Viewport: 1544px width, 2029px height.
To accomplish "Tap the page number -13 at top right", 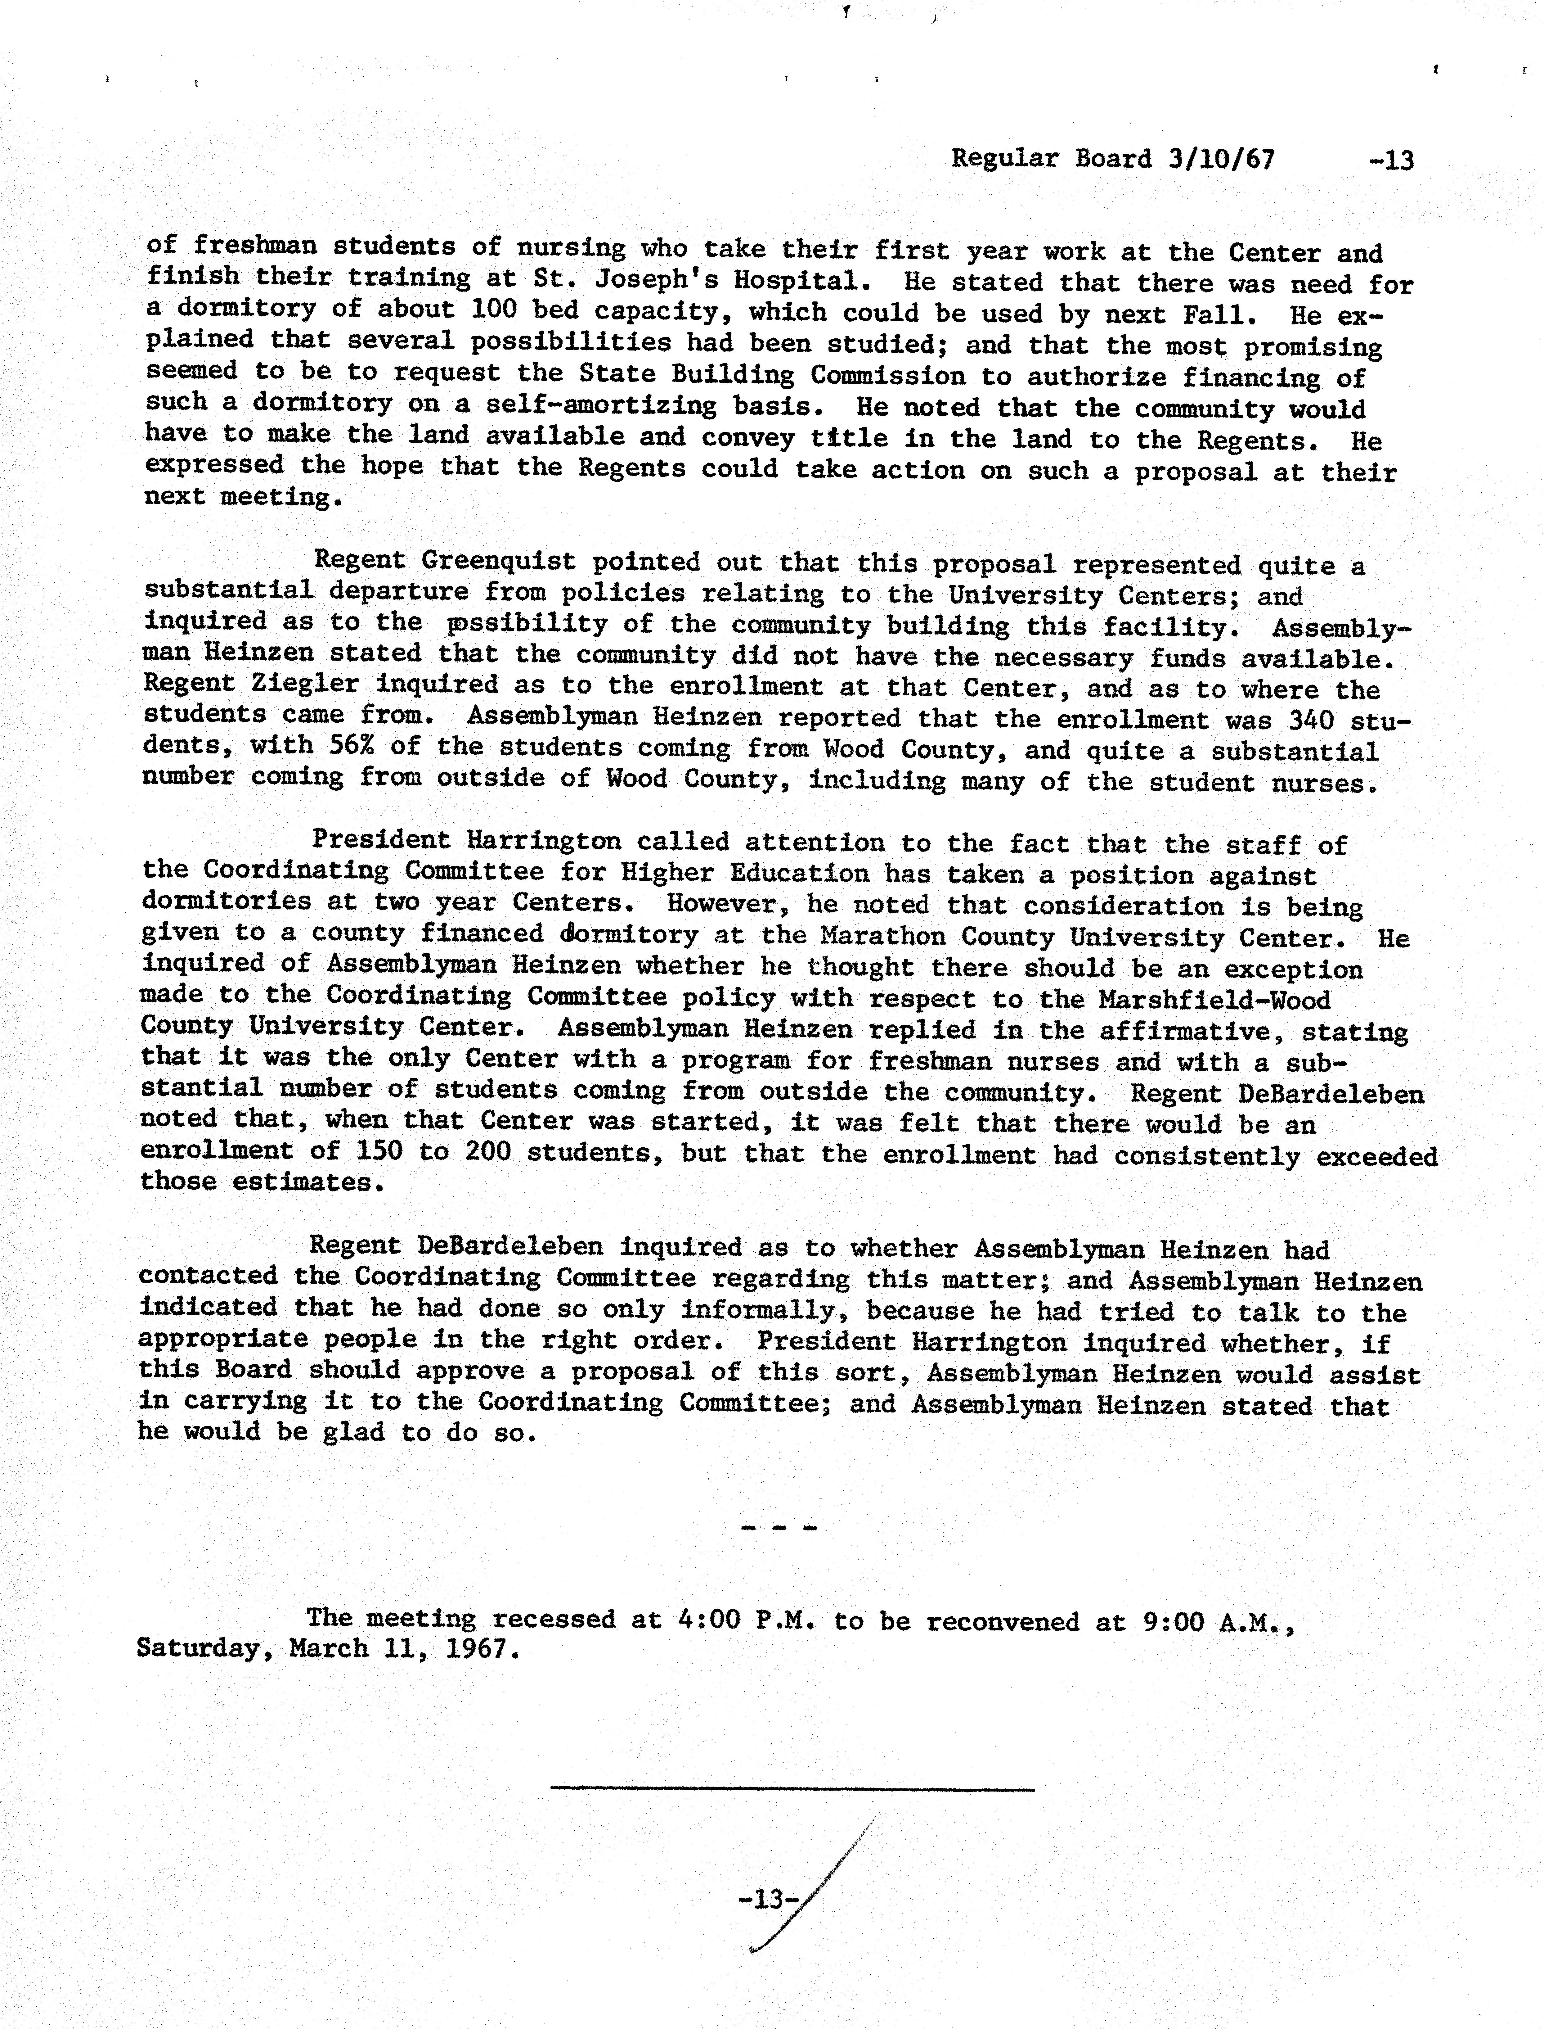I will pos(1390,161).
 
